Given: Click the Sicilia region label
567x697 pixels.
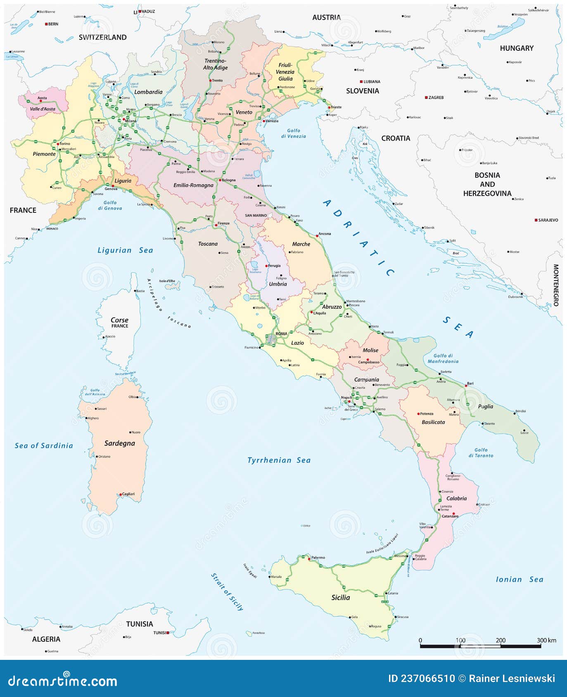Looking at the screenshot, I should tap(341, 597).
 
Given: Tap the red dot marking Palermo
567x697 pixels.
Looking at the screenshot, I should tap(309, 559).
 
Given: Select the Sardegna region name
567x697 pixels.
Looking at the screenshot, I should tap(119, 443).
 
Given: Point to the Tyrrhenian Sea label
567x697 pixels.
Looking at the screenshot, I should tap(279, 460).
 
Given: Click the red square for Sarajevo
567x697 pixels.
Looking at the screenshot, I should tap(536, 220).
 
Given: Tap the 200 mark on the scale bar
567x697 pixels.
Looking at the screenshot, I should tap(501, 640).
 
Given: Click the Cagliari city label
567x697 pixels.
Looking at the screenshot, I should tap(128, 494).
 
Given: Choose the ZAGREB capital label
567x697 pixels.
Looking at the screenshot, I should tap(436, 98).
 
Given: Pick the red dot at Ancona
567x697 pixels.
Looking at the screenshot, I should tap(317, 236).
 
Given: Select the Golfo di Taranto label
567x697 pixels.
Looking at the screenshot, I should tap(481, 453).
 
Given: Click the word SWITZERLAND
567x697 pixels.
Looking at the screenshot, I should tap(102, 38).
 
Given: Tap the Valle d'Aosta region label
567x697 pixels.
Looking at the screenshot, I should tap(42, 109).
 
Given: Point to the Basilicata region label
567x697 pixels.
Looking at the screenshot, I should tap(433, 422).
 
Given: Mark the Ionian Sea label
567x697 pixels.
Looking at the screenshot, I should tap(519, 579).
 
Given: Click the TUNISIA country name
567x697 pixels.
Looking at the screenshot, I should tap(140, 624).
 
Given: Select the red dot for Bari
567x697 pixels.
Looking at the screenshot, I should tap(466, 386).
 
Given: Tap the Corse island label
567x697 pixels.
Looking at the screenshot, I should tap(119, 320).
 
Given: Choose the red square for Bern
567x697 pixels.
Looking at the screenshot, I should tap(46, 24).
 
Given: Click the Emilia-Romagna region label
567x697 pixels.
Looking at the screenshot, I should tap(193, 185).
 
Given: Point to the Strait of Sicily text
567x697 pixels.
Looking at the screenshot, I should tap(227, 591).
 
